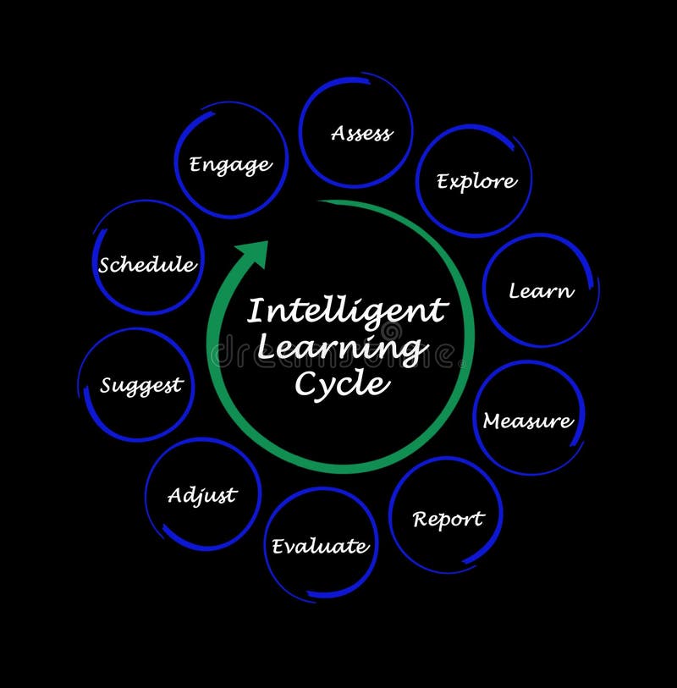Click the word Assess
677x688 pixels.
click(x=361, y=133)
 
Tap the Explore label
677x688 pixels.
click(x=476, y=181)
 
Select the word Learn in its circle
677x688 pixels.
click(x=541, y=291)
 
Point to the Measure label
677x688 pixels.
click(x=527, y=421)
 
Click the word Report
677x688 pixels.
click(x=448, y=519)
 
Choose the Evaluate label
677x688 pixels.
click(x=320, y=547)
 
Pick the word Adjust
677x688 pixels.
click(x=201, y=495)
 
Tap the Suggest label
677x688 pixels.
click(x=140, y=386)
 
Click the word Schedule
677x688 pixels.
click(x=146, y=265)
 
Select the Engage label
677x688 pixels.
click(x=230, y=164)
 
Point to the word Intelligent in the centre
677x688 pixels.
click(x=346, y=311)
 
